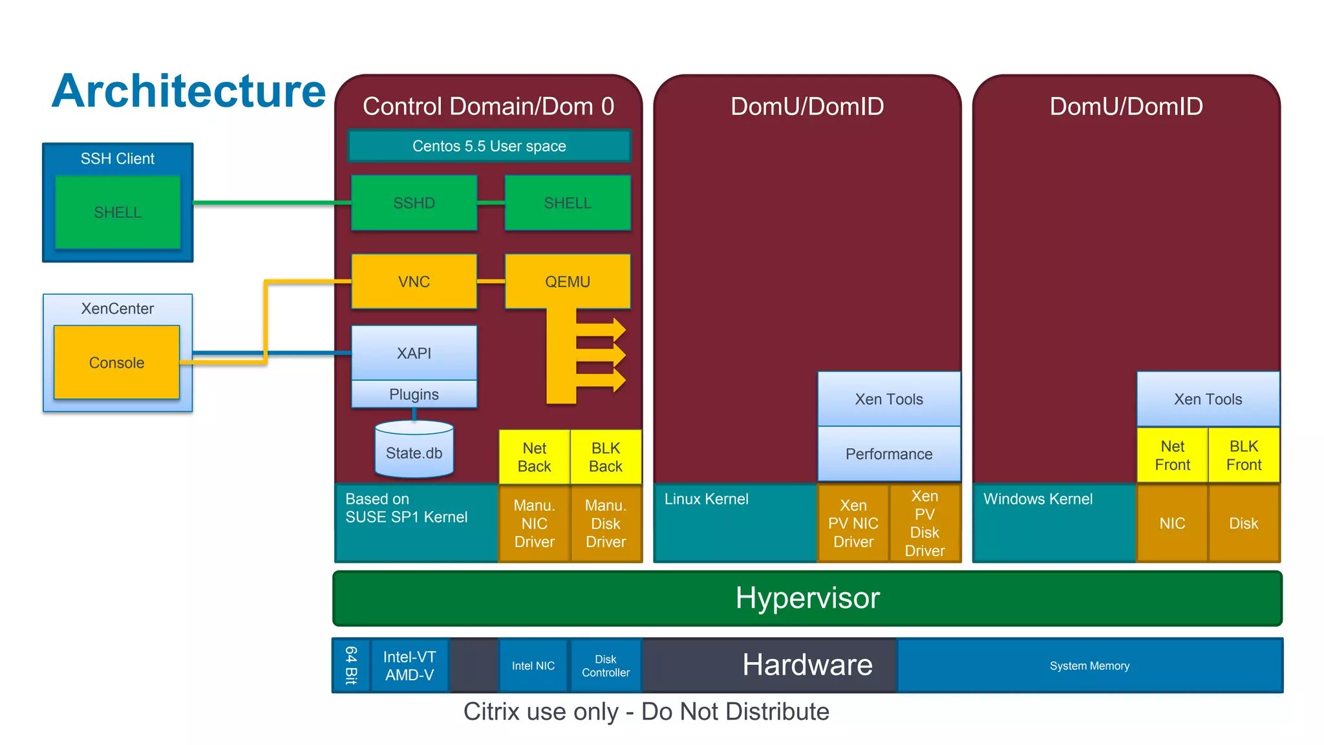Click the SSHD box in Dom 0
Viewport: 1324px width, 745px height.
[414, 203]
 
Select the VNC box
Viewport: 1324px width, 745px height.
[414, 281]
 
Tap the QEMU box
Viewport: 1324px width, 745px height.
[567, 281]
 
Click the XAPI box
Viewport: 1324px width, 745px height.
[414, 352]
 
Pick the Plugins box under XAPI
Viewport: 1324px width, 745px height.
[414, 394]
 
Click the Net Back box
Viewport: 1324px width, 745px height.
[534, 457]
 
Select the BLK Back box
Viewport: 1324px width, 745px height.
[606, 457]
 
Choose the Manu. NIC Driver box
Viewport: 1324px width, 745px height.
[534, 523]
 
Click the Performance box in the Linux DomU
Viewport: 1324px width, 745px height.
[888, 453]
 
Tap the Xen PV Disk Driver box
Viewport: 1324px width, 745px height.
[924, 523]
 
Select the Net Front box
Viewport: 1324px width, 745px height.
[1171, 455]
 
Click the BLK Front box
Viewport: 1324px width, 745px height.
[1243, 455]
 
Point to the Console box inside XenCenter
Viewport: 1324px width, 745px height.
[116, 362]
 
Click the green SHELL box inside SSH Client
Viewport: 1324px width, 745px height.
[118, 212]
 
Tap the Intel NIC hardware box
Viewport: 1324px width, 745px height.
[533, 665]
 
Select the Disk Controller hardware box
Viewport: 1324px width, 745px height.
[605, 665]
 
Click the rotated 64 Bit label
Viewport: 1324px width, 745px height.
[351, 665]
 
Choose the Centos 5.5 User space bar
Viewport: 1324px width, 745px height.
[489, 146]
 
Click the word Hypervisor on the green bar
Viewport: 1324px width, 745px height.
[807, 598]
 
